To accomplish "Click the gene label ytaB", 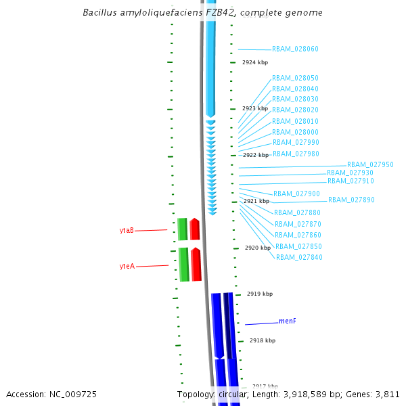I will (127, 231).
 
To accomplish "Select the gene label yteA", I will (127, 267).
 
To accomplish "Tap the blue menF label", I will (288, 321).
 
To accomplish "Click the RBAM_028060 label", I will (295, 49).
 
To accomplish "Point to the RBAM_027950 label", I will (370, 165).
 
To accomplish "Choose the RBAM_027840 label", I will (299, 257).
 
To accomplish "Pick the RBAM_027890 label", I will (351, 200).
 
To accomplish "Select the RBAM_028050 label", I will (295, 78).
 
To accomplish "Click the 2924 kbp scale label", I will (255, 62).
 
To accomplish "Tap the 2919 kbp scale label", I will (260, 294).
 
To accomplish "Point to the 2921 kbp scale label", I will (256, 201).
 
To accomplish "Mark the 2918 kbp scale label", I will (263, 341).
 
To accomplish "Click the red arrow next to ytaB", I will (195, 229).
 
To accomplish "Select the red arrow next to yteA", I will (196, 265).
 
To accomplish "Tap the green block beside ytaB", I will (182, 229).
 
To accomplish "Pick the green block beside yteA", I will (183, 265).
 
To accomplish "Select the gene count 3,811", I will (386, 394).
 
